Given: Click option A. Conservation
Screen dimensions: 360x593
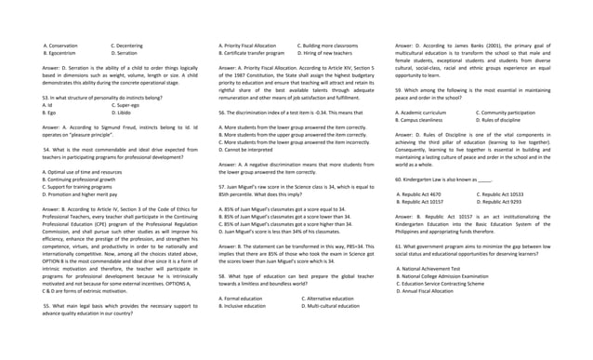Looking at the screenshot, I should click(x=61, y=45).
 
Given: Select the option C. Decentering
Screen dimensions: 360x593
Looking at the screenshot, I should click(x=127, y=45).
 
